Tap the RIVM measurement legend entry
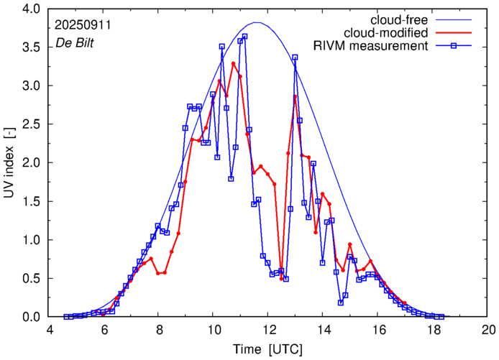pos(370,46)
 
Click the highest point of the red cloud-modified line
pos(234,63)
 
